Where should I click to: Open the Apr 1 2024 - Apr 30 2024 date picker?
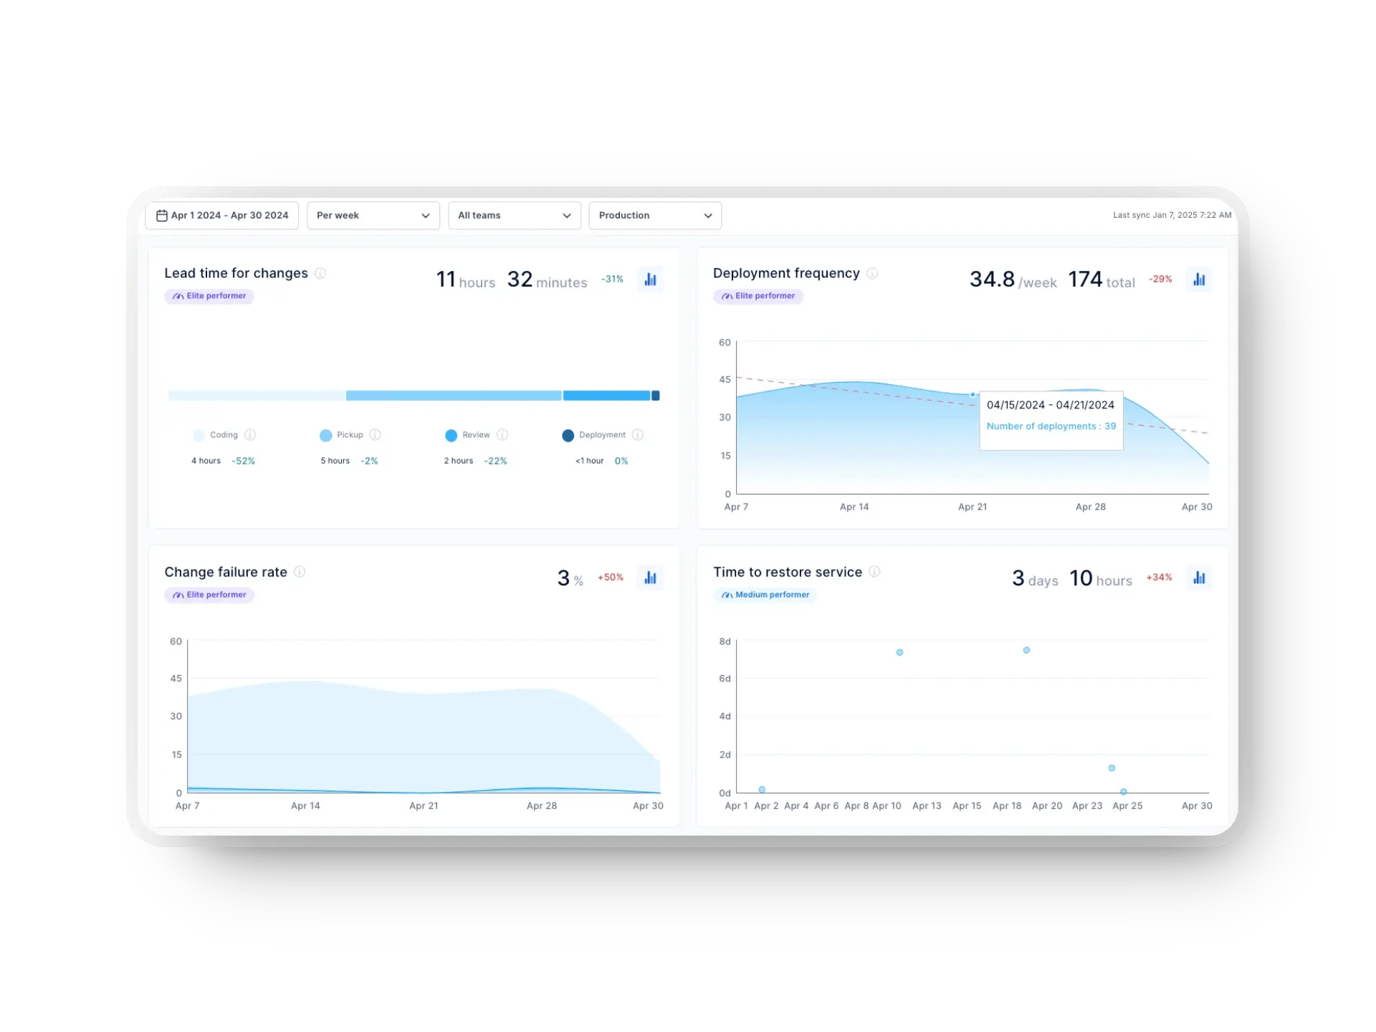[222, 215]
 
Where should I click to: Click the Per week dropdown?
[373, 215]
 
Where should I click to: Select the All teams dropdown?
[514, 215]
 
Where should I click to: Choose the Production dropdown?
[654, 215]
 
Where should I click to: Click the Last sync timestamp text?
[1172, 215]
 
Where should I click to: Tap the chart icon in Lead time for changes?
[650, 279]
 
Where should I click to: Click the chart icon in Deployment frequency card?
[1199, 279]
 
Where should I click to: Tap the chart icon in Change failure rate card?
[650, 578]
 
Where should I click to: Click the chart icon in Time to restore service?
[1199, 578]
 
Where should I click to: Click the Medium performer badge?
[765, 595]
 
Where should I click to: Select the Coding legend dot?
[199, 435]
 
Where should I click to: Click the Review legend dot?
[451, 435]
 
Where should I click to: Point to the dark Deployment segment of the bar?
[655, 396]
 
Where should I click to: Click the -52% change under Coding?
[244, 461]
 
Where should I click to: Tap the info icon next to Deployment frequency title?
[872, 273]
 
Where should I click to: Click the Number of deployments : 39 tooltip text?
[1051, 426]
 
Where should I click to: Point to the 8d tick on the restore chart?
[725, 641]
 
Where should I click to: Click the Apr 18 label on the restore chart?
[1006, 806]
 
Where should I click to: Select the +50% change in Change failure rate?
[611, 578]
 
